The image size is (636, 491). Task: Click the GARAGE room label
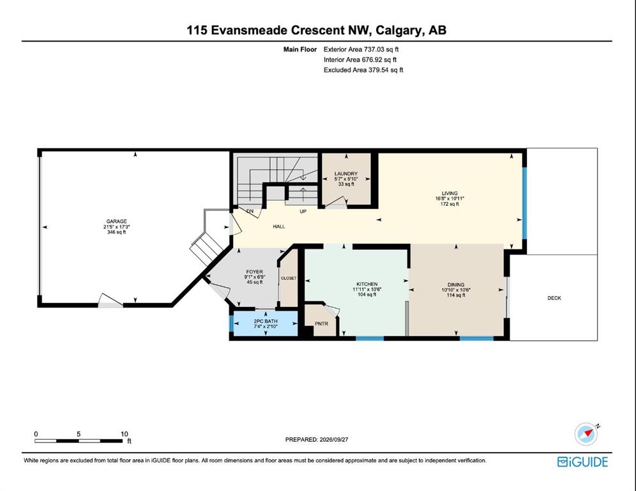pos(116,221)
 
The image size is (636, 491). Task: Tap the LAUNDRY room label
pos(346,173)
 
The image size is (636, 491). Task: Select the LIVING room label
pos(450,193)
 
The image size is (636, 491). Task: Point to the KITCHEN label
pos(367,284)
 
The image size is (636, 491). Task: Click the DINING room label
pos(456,284)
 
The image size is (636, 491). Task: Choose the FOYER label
pos(254,272)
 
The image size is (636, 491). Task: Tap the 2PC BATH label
pos(266,321)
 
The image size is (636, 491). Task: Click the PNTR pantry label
pos(322,323)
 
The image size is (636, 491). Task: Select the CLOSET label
pos(289,278)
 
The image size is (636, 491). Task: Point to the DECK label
pos(554,298)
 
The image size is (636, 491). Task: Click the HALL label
pos(279,226)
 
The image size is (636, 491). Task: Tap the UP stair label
pos(303,212)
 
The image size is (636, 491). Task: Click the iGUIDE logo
pos(582,462)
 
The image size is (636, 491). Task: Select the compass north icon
pos(586,433)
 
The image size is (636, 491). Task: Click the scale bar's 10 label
pos(124,433)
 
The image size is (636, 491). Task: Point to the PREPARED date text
pos(317,439)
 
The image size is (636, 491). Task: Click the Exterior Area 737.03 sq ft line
pos(361,49)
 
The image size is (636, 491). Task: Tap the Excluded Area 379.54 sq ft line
pos(363,70)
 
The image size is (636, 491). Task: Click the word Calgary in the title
pos(399,31)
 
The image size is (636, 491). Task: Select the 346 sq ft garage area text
pos(116,232)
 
